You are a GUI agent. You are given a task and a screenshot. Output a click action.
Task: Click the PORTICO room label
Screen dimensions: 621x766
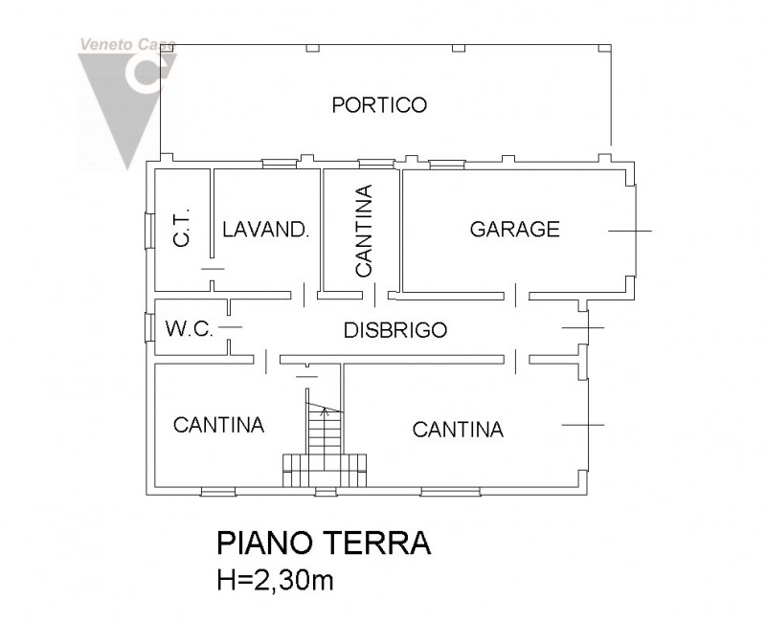(x=379, y=105)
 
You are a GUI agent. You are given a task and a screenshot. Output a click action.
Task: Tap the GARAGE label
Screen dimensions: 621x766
(x=514, y=229)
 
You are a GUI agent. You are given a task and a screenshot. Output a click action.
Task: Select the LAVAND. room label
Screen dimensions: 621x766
(x=265, y=230)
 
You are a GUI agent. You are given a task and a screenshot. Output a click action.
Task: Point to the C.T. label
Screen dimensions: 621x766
(x=182, y=229)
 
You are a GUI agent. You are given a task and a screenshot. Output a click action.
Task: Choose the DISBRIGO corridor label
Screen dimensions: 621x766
(x=395, y=330)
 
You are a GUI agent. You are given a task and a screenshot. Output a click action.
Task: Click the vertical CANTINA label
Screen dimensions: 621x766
(x=363, y=230)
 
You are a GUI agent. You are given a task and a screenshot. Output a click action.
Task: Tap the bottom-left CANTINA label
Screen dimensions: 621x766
(x=218, y=425)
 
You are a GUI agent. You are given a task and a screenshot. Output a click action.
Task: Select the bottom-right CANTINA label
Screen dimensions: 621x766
(x=458, y=430)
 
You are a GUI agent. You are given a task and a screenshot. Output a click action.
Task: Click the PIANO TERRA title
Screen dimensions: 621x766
(x=323, y=543)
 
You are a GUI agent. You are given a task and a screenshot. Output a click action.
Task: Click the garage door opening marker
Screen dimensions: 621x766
(x=629, y=231)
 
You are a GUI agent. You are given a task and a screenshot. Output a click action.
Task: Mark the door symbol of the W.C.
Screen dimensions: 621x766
(x=230, y=328)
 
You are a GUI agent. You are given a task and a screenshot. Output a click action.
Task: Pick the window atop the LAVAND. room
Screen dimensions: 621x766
(x=278, y=163)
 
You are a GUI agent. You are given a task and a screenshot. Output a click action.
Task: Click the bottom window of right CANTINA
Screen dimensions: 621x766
(x=450, y=492)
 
